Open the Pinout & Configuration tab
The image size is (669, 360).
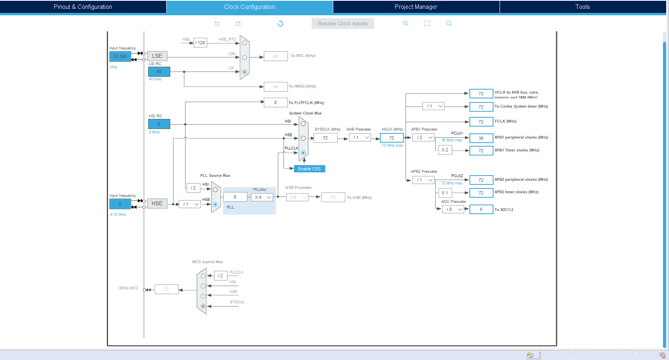pyautogui.click(x=83, y=7)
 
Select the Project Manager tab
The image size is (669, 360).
pyautogui.click(x=416, y=7)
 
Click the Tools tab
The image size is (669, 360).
pyautogui.click(x=582, y=7)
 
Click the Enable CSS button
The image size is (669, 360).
pyautogui.click(x=309, y=169)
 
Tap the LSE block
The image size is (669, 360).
pyautogui.click(x=157, y=56)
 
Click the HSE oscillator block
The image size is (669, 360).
pyautogui.click(x=157, y=203)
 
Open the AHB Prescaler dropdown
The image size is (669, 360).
pyautogui.click(x=360, y=137)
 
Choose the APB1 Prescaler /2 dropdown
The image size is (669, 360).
pyautogui.click(x=423, y=137)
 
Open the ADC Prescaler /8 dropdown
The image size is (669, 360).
pyautogui.click(x=453, y=209)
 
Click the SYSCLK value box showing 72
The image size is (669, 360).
pyautogui.click(x=325, y=138)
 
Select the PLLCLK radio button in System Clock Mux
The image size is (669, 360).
pyautogui.click(x=303, y=153)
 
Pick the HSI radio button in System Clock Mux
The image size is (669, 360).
pyautogui.click(x=303, y=124)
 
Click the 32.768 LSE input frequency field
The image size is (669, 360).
pyautogui.click(x=120, y=56)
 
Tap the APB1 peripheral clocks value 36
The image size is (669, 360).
pyautogui.click(x=481, y=138)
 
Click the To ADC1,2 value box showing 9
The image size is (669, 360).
pyautogui.click(x=481, y=209)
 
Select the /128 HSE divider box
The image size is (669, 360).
pyautogui.click(x=200, y=43)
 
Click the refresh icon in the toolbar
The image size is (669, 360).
pyautogui.click(x=280, y=23)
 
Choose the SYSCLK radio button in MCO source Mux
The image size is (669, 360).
pyautogui.click(x=203, y=306)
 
